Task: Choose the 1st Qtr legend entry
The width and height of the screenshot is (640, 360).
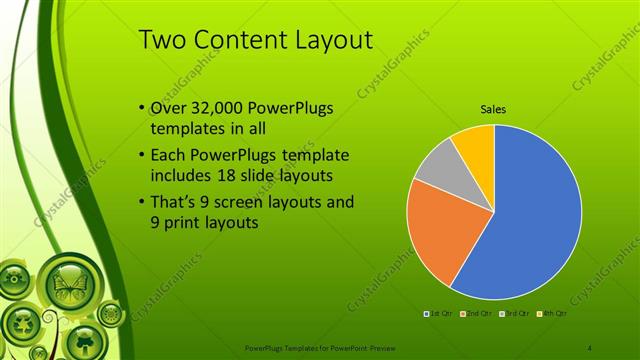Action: [x=440, y=313]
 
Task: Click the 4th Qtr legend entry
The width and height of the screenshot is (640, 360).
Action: [x=552, y=313]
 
